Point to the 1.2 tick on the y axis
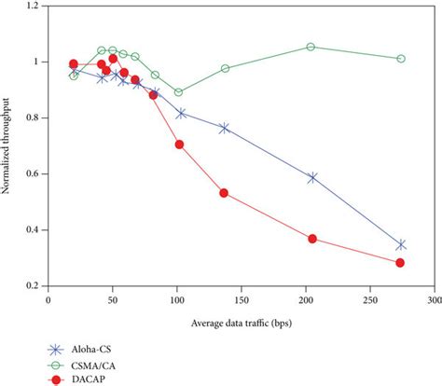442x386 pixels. (34, 7)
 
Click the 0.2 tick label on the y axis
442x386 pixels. (34, 286)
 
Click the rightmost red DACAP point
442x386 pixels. (400, 263)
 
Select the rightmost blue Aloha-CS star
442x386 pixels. (401, 245)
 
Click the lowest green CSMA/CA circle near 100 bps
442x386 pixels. (179, 92)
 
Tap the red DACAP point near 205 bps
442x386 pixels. (312, 239)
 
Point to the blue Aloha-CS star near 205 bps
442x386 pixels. (312, 177)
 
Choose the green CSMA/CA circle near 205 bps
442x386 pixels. (311, 47)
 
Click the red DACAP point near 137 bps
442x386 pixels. (224, 193)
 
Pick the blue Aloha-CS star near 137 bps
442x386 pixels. (224, 128)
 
